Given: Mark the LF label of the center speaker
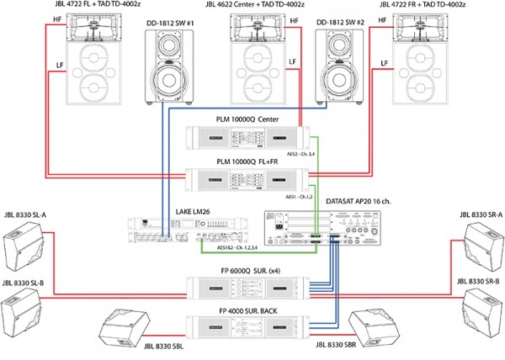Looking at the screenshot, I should [291, 62].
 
